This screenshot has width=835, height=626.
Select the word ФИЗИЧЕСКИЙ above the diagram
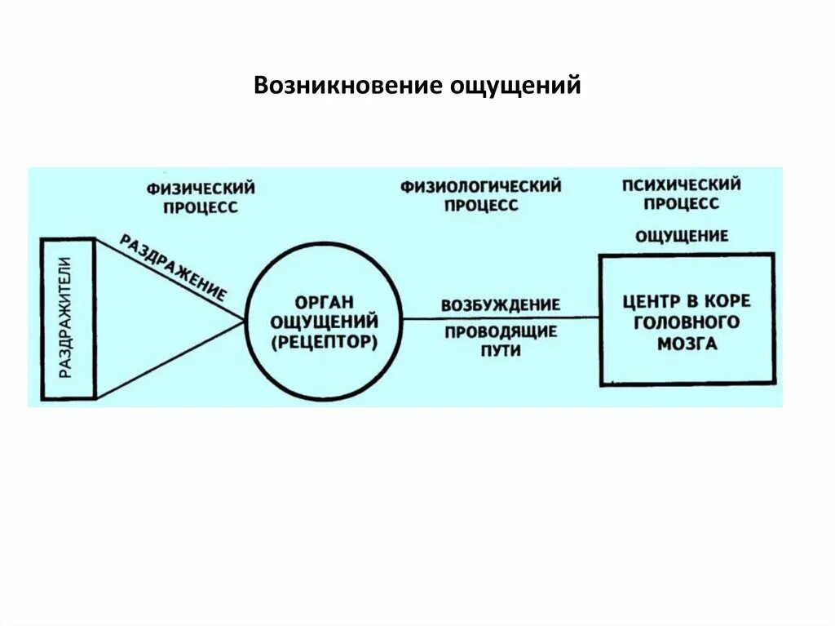tap(201, 189)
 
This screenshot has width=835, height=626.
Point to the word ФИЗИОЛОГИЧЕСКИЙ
tap(480, 187)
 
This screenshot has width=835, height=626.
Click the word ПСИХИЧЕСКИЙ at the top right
tap(682, 184)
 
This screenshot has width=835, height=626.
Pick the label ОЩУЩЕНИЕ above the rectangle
tap(682, 236)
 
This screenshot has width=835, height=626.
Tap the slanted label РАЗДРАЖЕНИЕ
tap(174, 268)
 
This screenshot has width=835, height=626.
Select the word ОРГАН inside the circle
tap(325, 303)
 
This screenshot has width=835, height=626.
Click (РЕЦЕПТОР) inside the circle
tap(325, 342)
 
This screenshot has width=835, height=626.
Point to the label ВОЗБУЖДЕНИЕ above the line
tap(501, 305)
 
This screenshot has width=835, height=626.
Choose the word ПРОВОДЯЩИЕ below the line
tap(501, 331)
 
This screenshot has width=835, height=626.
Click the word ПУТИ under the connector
tap(501, 351)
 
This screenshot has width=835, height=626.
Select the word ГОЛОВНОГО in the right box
tap(687, 322)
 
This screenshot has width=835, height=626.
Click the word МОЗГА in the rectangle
tap(687, 344)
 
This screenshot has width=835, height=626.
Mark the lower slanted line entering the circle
tap(171, 358)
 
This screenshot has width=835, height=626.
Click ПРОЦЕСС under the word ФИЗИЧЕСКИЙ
tap(201, 207)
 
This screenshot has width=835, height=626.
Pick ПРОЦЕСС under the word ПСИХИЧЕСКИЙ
tap(682, 203)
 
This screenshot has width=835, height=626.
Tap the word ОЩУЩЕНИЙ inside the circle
tap(325, 322)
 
